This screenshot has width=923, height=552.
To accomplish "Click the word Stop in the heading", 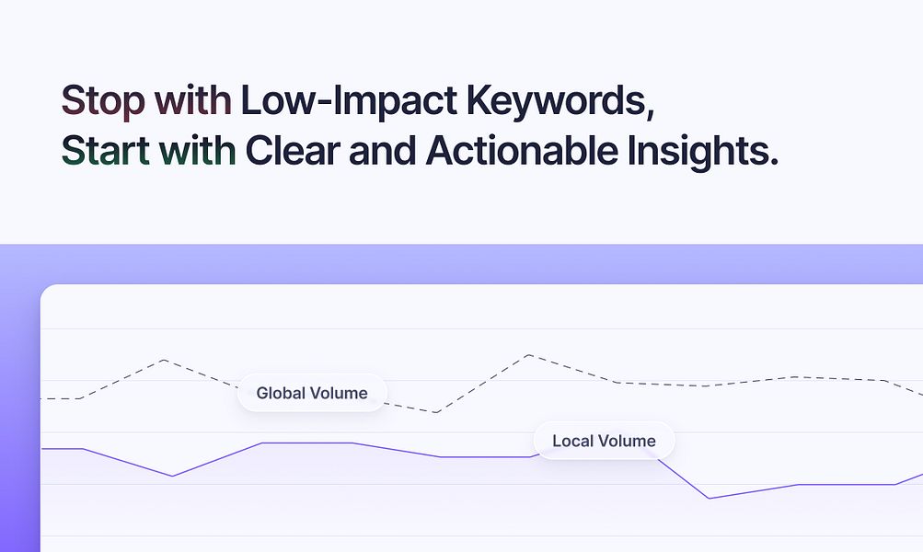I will [x=102, y=99].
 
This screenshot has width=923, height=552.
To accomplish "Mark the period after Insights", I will [x=773, y=162].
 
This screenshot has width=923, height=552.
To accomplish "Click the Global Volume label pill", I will [x=312, y=394].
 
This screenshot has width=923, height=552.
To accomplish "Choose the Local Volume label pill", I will [x=604, y=442].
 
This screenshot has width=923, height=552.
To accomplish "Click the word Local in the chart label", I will [x=572, y=442].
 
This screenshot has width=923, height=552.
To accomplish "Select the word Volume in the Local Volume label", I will [x=626, y=442].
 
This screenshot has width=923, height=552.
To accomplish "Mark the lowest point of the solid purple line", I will [x=709, y=499].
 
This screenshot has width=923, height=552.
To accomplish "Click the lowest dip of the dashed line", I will [x=435, y=412].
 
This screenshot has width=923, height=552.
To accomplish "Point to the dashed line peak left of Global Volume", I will [x=164, y=360].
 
